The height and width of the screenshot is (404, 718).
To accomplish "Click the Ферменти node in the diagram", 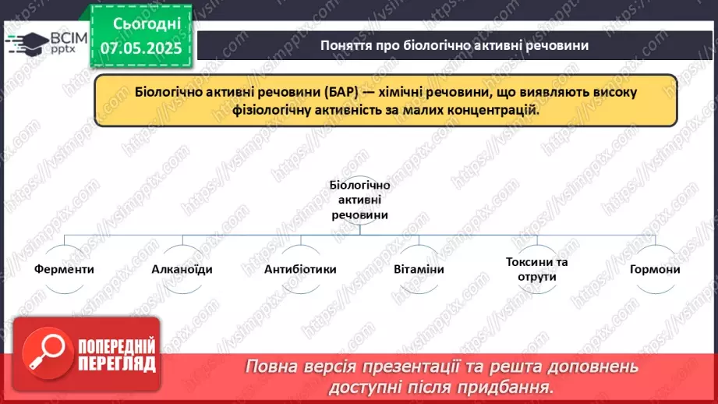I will tap(65, 269).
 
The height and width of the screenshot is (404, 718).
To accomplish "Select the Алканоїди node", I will tap(182, 269).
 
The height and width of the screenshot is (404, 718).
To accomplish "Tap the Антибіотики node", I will tap(300, 269).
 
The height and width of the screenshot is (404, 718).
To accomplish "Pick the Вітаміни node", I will tap(419, 269).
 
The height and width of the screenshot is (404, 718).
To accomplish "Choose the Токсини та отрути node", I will tap(536, 269).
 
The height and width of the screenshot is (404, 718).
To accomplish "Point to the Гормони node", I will tap(655, 269).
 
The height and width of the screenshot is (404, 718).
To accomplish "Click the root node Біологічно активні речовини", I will tap(359, 200).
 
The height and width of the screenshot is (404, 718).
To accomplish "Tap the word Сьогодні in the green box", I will tap(137, 23).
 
